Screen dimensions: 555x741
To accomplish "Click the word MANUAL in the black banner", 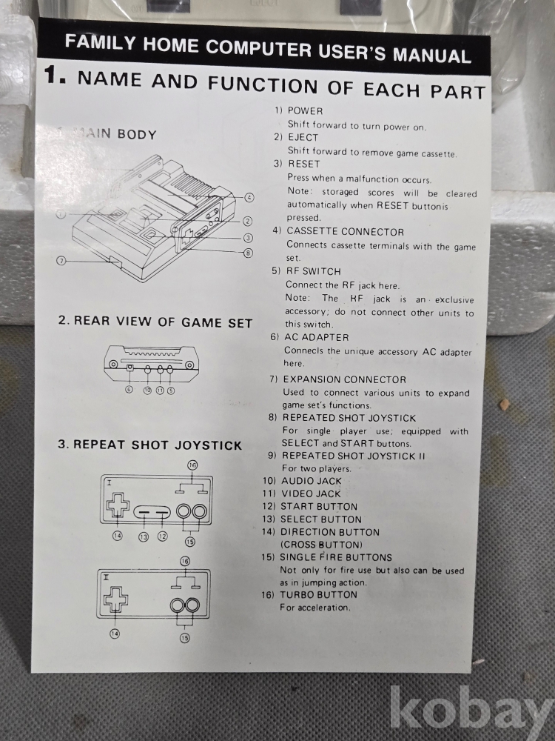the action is pyautogui.click(x=432, y=55).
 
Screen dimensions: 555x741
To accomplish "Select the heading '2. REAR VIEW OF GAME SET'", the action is pyautogui.click(x=155, y=322).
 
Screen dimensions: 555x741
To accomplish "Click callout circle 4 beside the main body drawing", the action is pyautogui.click(x=249, y=198).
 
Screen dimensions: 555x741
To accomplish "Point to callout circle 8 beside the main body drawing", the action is pyautogui.click(x=248, y=253).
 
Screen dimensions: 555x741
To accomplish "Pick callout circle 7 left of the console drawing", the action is pyautogui.click(x=61, y=260).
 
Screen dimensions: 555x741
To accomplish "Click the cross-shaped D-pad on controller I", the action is pyautogui.click(x=118, y=505).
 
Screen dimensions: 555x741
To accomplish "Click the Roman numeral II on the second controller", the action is pyautogui.click(x=106, y=577).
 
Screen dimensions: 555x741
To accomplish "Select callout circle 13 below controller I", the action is pyautogui.click(x=144, y=536).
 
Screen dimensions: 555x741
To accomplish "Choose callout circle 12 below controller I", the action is pyautogui.click(x=162, y=536).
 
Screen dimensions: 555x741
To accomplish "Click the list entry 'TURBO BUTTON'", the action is pyautogui.click(x=318, y=594).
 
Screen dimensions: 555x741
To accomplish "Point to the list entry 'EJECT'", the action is pyautogui.click(x=303, y=138).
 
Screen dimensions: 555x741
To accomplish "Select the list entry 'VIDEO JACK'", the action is pyautogui.click(x=311, y=494).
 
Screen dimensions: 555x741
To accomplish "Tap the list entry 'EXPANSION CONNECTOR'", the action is pyautogui.click(x=345, y=379).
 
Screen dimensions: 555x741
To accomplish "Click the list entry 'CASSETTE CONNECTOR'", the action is pyautogui.click(x=346, y=231).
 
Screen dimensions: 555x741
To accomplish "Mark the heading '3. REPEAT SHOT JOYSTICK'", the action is pyautogui.click(x=149, y=445).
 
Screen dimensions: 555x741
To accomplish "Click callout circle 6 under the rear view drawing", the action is pyautogui.click(x=129, y=390).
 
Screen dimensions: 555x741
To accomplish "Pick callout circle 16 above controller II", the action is pyautogui.click(x=185, y=561).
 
